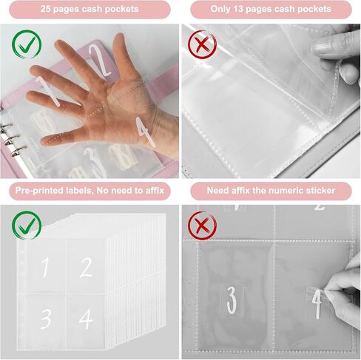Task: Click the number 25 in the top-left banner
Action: [46, 9]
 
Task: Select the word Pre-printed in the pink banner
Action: [38, 191]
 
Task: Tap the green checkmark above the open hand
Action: [27, 44]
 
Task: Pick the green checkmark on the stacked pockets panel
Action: [27, 225]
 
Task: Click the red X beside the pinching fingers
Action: [202, 44]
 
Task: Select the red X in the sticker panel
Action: [202, 225]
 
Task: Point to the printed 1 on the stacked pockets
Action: [45, 268]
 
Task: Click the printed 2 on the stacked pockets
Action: [86, 267]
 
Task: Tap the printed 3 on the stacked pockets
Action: [46, 319]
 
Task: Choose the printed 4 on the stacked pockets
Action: [86, 319]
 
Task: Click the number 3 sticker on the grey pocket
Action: [232, 301]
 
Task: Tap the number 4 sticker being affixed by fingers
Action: [317, 304]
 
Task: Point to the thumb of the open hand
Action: [61, 139]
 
